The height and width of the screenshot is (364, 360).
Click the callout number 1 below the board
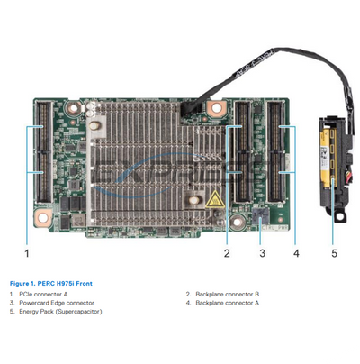click(x=27, y=253)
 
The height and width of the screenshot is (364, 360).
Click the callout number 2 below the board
click(x=227, y=253)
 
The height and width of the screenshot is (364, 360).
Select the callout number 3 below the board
click(x=262, y=253)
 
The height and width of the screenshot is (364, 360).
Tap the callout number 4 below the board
click(x=295, y=253)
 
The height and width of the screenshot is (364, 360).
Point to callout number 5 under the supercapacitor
click(x=334, y=253)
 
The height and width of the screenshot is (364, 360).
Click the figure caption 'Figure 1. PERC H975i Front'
click(x=50, y=284)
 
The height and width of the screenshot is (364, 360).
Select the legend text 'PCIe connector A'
click(x=41, y=294)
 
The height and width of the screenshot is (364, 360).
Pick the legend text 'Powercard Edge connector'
click(x=52, y=303)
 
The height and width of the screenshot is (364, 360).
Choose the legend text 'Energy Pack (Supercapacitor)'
click(x=60, y=312)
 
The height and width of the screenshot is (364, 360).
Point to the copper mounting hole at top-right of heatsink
click(x=215, y=108)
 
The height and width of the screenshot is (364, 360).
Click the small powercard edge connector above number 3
click(x=261, y=214)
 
